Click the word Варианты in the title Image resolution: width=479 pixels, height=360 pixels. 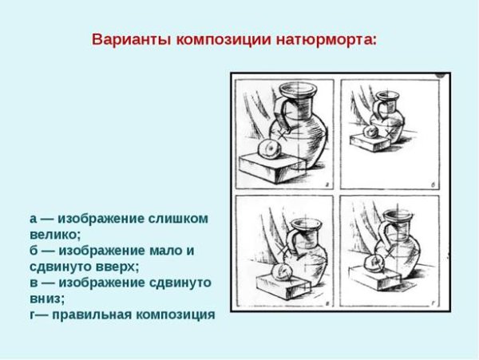(132, 40)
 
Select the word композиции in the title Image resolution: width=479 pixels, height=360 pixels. (224, 40)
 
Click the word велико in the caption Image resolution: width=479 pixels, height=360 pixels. (53, 235)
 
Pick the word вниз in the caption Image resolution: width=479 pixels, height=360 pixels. (46, 299)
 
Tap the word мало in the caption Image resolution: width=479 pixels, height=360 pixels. (165, 251)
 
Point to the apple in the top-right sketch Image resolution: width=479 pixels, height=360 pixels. (370, 133)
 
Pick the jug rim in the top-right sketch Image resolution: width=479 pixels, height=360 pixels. (388, 95)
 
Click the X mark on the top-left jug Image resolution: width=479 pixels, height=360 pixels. (283, 134)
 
